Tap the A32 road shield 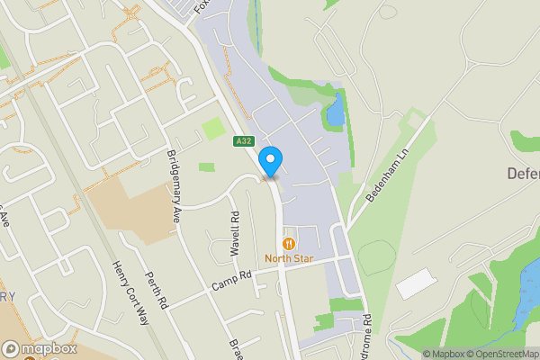(243, 141)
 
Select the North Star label (289, 258)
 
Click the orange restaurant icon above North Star (289, 243)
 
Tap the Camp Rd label (229, 284)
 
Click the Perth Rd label (157, 291)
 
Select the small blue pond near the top (336, 110)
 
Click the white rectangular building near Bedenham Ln (415, 284)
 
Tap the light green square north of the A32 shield (213, 129)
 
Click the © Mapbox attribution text (443, 354)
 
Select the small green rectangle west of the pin (207, 166)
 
